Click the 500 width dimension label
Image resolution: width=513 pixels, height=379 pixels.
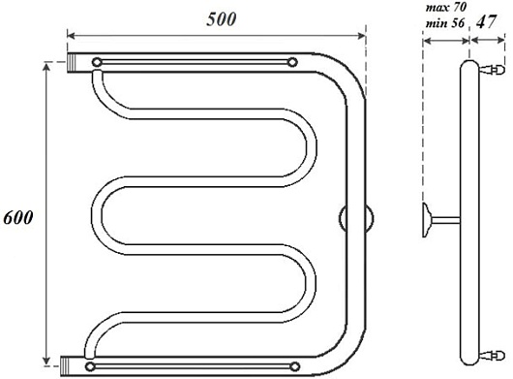221,19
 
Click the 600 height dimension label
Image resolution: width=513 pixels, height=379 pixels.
18,217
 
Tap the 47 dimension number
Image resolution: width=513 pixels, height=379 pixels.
487,22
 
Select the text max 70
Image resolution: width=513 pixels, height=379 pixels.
446,7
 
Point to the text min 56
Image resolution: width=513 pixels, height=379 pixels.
445,23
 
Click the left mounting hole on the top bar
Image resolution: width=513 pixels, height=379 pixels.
97,62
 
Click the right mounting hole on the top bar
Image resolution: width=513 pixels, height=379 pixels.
292,62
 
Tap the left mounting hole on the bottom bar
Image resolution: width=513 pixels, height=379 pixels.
90,366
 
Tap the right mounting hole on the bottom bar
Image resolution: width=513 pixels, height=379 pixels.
295,366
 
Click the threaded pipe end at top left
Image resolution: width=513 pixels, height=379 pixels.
73,63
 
